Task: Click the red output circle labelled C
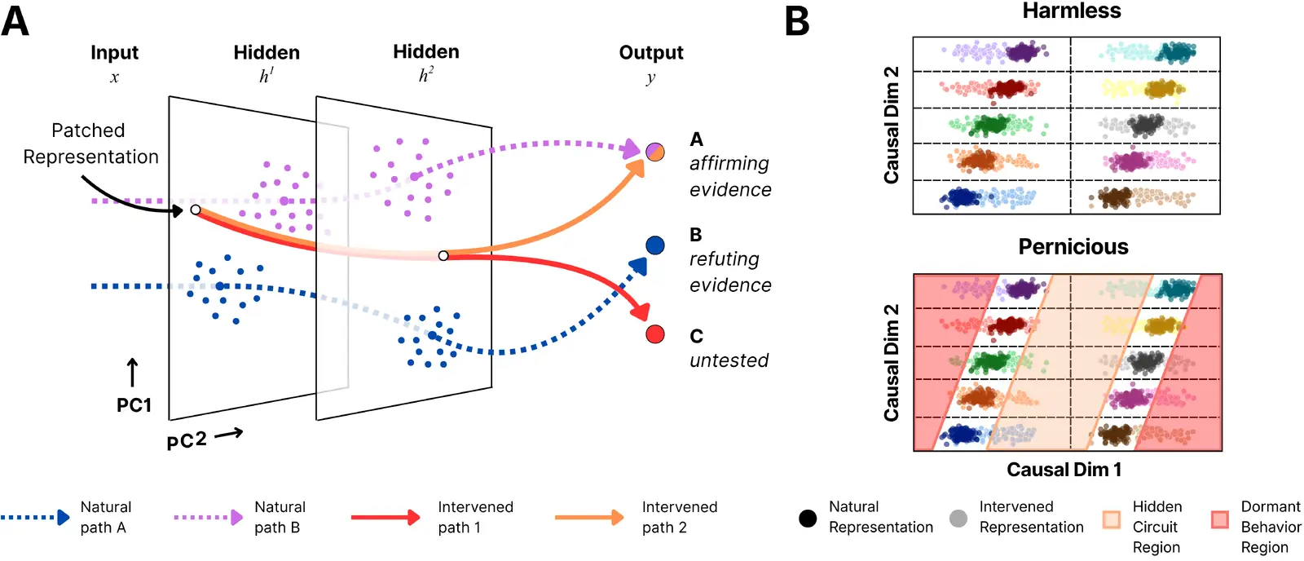(x=655, y=334)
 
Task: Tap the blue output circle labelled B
(x=655, y=245)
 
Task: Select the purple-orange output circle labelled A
(x=655, y=152)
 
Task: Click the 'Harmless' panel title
(x=1072, y=11)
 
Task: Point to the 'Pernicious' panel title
(x=1073, y=246)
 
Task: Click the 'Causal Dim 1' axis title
(x=1064, y=470)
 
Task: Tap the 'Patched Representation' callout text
(x=90, y=144)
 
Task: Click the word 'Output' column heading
(x=651, y=52)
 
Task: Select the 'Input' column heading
(x=114, y=53)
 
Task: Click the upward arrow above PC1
(x=133, y=373)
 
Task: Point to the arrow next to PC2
(x=229, y=434)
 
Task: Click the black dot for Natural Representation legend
(x=808, y=518)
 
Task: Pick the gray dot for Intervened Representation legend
(x=958, y=518)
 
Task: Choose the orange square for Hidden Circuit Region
(x=1112, y=519)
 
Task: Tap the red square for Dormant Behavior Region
(x=1219, y=519)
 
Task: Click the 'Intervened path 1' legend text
(x=476, y=517)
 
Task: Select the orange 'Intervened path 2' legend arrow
(x=590, y=517)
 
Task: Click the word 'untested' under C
(x=729, y=360)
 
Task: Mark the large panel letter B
(x=797, y=21)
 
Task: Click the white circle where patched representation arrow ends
(x=196, y=210)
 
